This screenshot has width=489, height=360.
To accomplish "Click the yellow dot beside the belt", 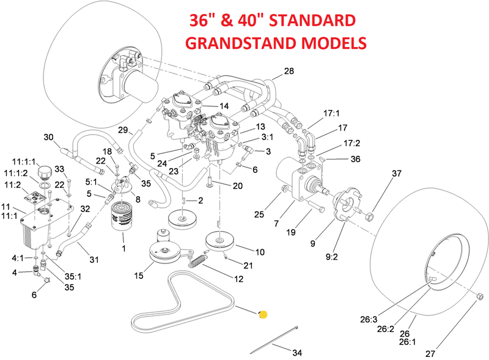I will (263, 315).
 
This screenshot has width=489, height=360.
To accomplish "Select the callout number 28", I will (289, 72).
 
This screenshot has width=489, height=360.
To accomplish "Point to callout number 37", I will (397, 174).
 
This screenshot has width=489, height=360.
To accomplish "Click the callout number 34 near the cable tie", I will (297, 353).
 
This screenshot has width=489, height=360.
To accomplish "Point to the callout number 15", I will (139, 276).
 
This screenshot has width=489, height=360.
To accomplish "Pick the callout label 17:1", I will (331, 113).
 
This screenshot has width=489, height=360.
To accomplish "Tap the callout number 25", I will (259, 213).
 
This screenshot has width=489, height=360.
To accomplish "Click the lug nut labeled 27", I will (479, 297).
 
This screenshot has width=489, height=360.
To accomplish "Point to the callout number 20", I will (237, 186).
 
